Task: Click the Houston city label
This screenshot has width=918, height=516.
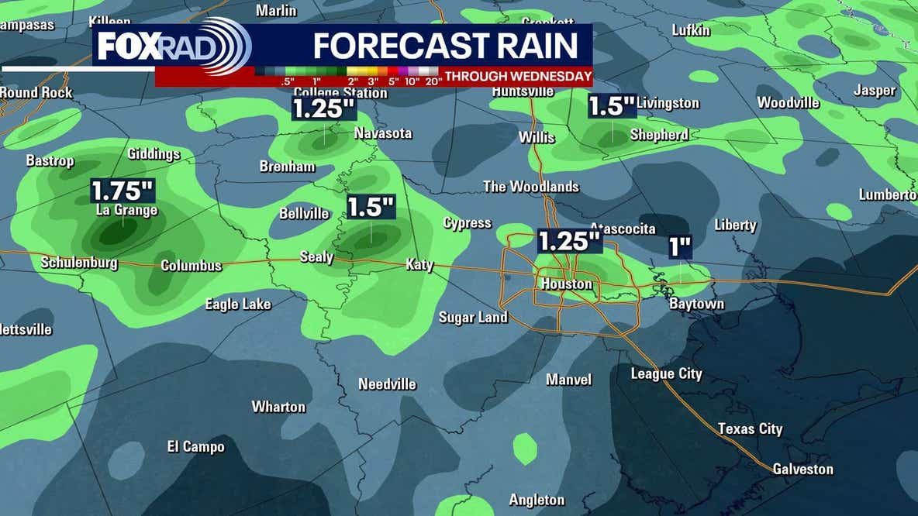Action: [x=566, y=284]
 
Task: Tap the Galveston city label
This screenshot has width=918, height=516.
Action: [x=802, y=469]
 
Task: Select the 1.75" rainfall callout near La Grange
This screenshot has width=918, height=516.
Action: [x=123, y=191]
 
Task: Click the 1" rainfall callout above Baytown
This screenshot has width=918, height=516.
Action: [x=680, y=247]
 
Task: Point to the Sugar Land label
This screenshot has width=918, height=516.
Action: [x=473, y=317]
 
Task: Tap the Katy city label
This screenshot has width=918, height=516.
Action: [x=419, y=265]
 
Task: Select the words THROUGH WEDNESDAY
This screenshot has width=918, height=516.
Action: [x=519, y=77]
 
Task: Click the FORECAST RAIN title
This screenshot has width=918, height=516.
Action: [x=446, y=46]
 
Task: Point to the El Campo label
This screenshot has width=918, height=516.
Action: [x=196, y=446]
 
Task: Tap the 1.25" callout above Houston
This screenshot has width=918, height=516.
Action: [x=570, y=240]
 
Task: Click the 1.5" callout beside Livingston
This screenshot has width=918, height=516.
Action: [x=612, y=106]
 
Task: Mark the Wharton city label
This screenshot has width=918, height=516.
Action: [x=278, y=407]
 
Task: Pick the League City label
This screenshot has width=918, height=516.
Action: [x=666, y=374]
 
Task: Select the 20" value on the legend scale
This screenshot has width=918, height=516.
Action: [x=433, y=81]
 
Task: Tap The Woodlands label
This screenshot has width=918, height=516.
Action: [x=531, y=187]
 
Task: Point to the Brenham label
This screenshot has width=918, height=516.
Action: [x=287, y=167]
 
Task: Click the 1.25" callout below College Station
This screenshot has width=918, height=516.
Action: [x=323, y=108]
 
